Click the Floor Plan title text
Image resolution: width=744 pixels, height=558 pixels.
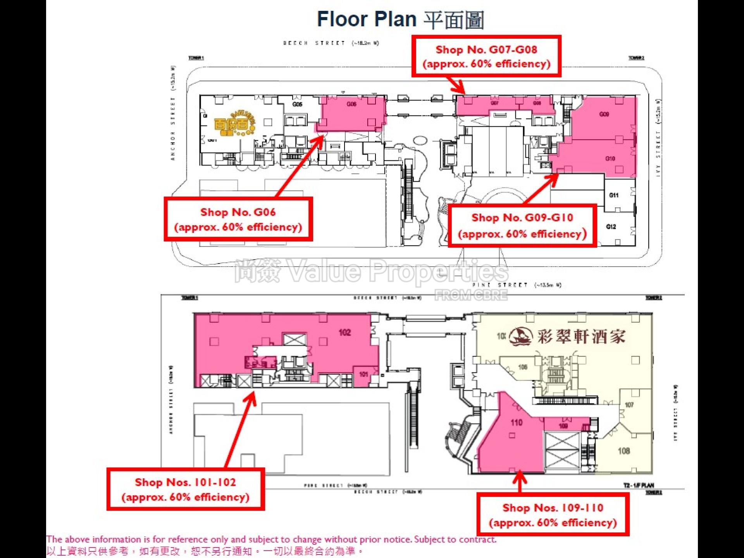click(x=400, y=19)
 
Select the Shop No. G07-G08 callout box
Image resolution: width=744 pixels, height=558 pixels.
click(x=486, y=57)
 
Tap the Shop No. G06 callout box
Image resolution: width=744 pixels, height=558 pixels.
click(x=238, y=219)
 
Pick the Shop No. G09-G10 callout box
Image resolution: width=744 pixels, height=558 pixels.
click(x=522, y=226)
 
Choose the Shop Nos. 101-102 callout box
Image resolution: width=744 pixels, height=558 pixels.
click(x=186, y=489)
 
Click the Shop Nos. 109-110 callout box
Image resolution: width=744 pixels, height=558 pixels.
click(x=553, y=515)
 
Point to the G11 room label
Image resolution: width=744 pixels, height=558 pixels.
click(x=614, y=195)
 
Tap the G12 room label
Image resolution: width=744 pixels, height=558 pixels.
click(x=611, y=227)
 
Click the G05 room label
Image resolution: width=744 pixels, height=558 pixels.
click(x=297, y=105)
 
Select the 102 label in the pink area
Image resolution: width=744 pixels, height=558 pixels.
click(x=344, y=332)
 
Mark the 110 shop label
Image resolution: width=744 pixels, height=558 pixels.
click(x=517, y=422)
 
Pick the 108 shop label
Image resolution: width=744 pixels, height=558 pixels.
click(x=623, y=451)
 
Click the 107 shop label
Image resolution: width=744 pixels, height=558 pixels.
click(x=629, y=405)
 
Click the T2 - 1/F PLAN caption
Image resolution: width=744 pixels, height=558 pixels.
click(x=638, y=485)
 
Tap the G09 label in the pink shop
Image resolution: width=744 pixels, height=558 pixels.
click(x=604, y=114)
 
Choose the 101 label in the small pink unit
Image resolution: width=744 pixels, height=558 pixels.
click(x=363, y=374)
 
